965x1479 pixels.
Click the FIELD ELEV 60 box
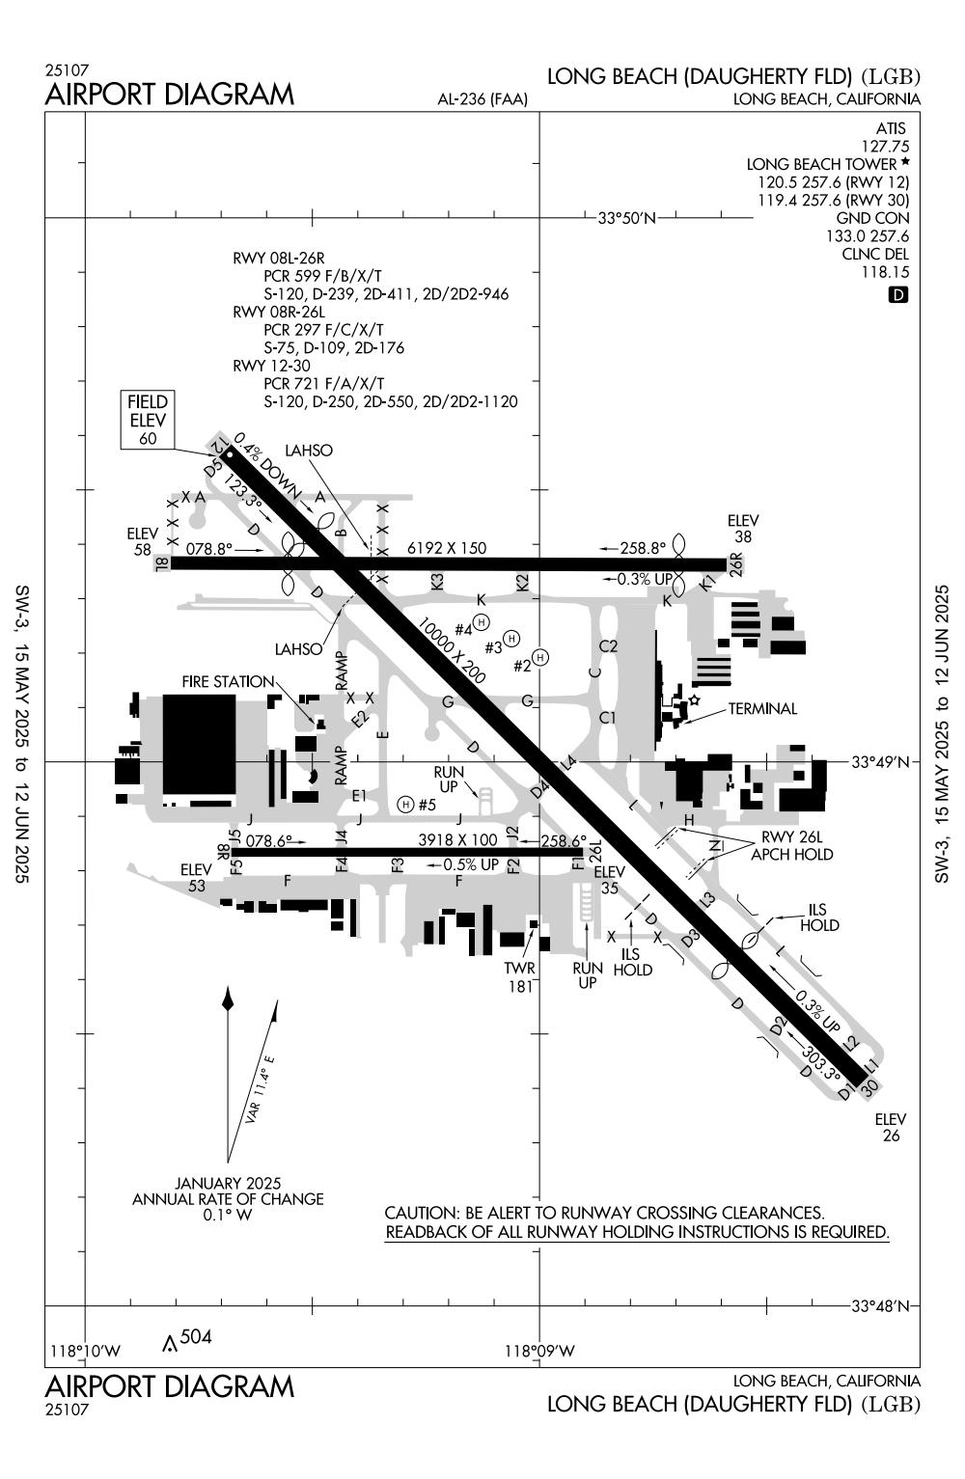click(x=148, y=420)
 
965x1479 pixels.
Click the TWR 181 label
click(x=519, y=976)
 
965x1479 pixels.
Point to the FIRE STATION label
click(x=228, y=681)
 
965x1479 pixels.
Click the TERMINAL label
click(x=762, y=709)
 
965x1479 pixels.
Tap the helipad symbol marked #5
click(x=406, y=804)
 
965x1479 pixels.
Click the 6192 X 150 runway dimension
click(x=447, y=548)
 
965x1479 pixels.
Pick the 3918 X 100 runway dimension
click(x=457, y=840)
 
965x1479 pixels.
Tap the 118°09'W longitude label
click(x=539, y=1351)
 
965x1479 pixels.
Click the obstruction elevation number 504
click(x=196, y=1336)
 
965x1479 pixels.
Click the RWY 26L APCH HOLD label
click(x=796, y=845)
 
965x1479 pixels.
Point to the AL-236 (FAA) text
click(x=482, y=98)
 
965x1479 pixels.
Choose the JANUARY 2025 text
click(x=228, y=1183)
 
